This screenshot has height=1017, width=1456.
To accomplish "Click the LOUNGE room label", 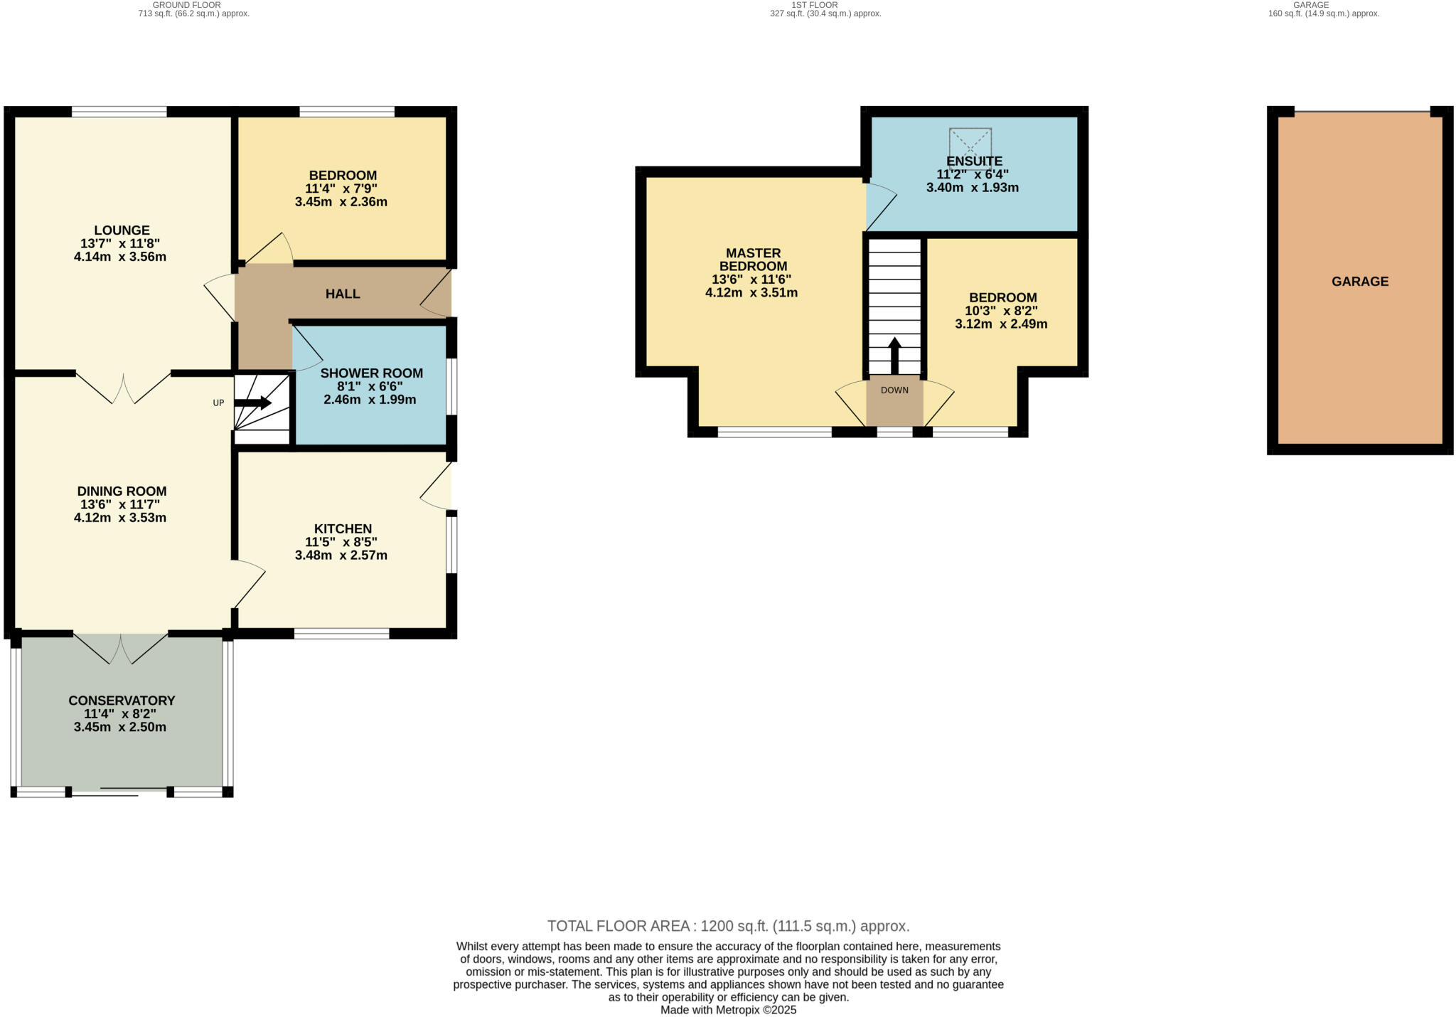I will [122, 230].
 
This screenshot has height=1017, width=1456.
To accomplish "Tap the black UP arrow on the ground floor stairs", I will [254, 403].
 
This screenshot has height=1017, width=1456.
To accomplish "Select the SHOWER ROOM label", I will [371, 373].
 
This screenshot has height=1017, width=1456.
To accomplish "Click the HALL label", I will [343, 294].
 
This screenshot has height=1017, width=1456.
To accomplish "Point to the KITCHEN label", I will [343, 528].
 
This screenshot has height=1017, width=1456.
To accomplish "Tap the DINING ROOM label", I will [122, 491].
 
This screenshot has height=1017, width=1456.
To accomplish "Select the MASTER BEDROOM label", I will [753, 260].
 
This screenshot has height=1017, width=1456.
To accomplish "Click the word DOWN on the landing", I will [894, 390].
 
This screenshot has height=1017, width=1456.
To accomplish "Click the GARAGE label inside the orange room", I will [1359, 282].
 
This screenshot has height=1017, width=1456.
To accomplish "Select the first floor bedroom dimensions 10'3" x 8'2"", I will [1001, 311].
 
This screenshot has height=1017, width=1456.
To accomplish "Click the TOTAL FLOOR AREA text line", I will [728, 926].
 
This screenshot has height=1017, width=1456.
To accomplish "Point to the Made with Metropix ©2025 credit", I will [728, 1010].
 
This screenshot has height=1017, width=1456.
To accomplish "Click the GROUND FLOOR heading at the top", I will [186, 5].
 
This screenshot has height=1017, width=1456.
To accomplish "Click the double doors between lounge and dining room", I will [123, 388].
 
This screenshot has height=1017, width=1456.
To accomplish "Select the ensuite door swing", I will [880, 206].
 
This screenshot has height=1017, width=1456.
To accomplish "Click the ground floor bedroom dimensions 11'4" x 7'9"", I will [341, 188].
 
